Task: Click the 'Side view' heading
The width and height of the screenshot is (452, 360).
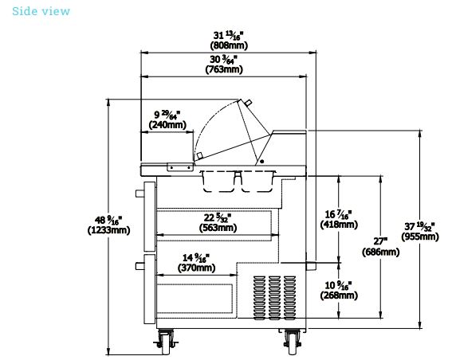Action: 41,11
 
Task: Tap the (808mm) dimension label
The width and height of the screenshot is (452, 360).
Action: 229,45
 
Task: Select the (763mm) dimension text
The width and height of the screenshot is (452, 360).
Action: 224,69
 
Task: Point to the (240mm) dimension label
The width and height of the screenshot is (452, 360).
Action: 167,125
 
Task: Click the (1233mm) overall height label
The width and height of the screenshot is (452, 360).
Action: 108,230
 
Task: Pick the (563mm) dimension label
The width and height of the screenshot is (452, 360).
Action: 218,228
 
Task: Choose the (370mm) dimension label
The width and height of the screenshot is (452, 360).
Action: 196,268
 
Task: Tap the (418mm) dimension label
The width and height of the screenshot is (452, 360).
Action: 339,225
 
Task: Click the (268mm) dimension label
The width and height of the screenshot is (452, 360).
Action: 339,295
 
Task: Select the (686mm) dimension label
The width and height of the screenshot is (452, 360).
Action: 381,252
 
